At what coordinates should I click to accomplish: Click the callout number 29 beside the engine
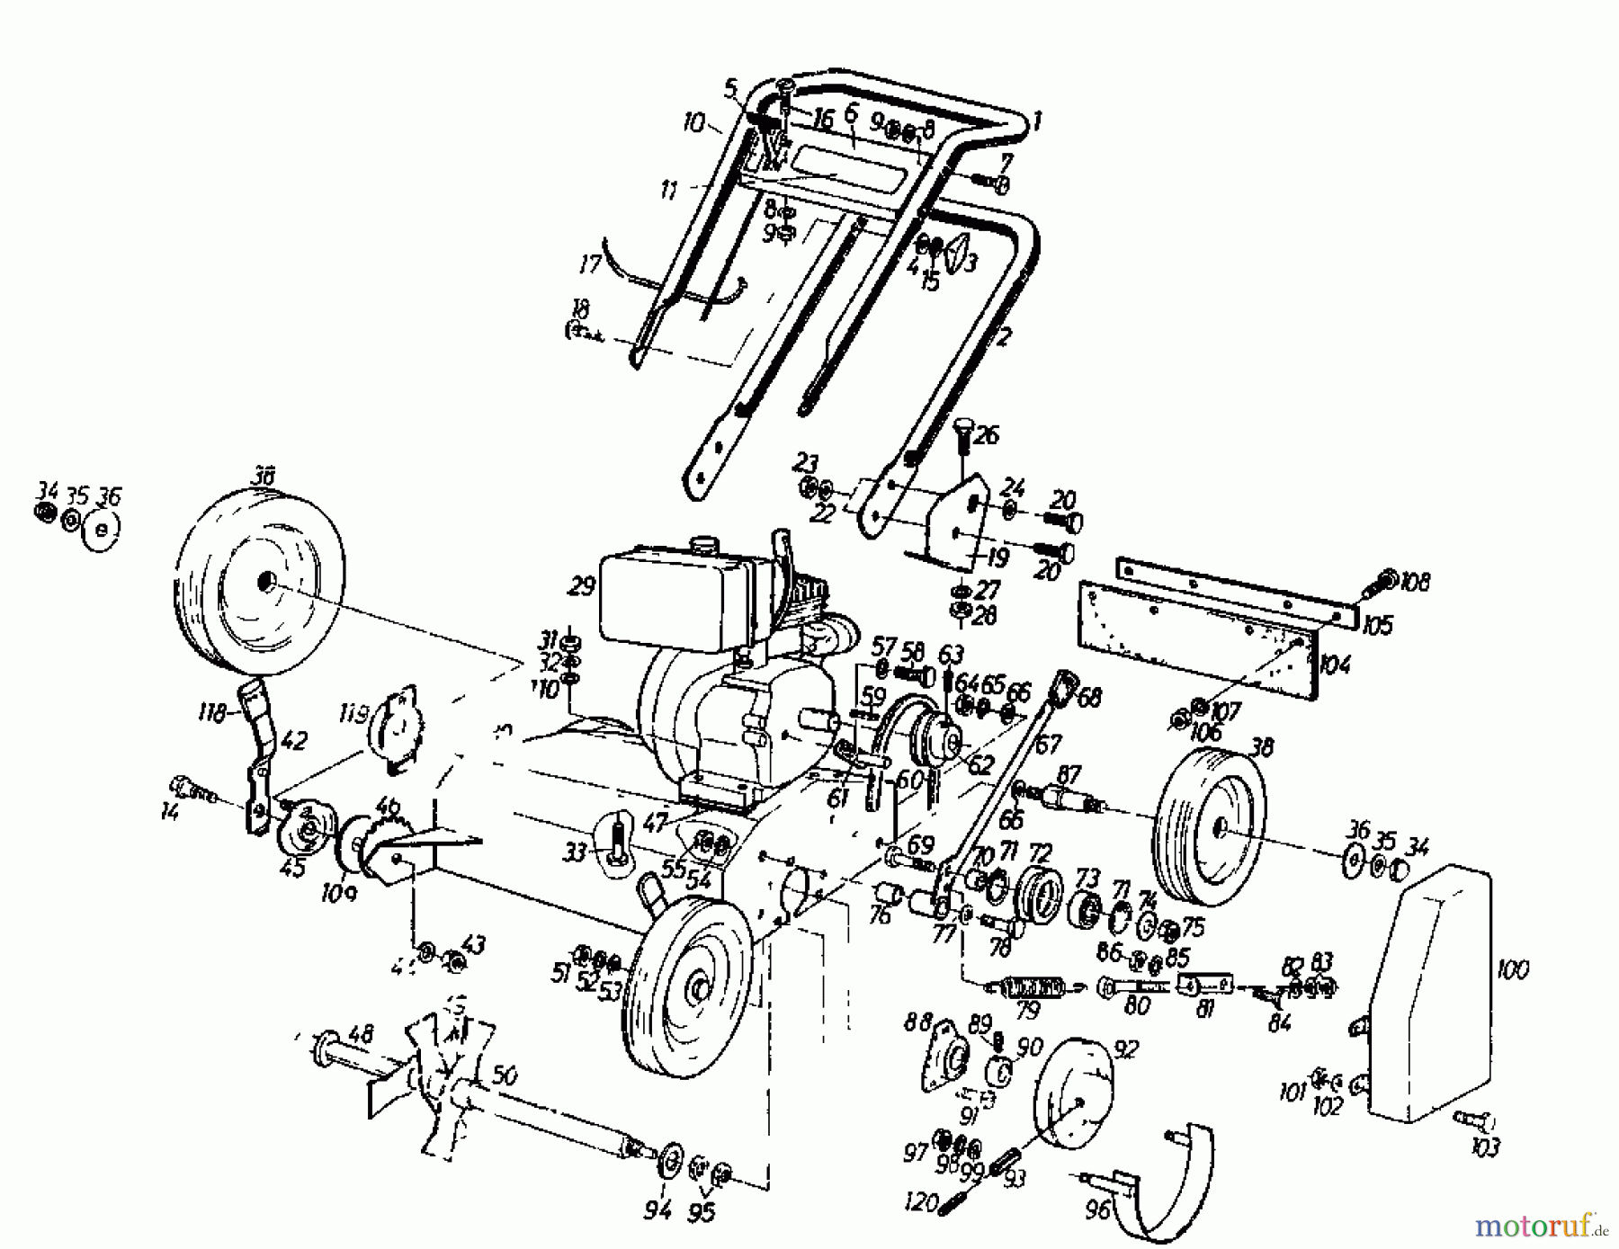click(581, 586)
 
